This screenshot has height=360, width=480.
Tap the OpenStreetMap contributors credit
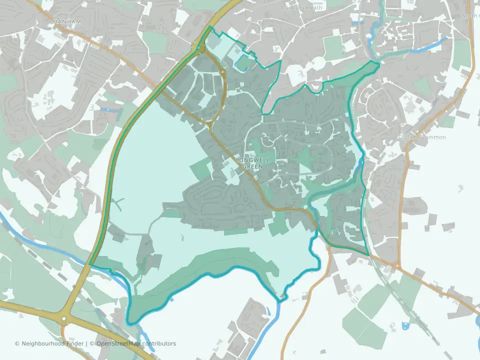coord(136,343)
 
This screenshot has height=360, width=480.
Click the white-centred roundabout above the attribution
coord(63,319)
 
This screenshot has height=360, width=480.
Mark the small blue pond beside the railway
coord(404,326)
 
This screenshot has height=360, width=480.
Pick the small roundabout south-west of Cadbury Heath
coord(221,73)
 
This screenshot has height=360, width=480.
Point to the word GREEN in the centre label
coord(253,166)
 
